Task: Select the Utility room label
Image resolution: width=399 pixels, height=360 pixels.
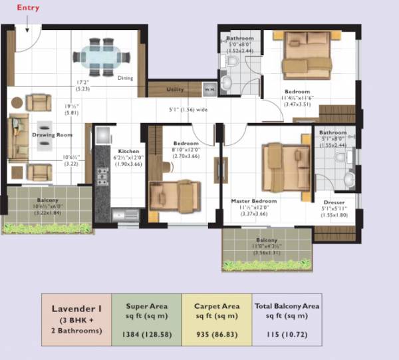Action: tap(175, 89)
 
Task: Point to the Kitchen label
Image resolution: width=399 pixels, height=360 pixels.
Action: tap(128, 151)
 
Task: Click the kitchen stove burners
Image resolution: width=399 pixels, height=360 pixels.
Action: tap(103, 176)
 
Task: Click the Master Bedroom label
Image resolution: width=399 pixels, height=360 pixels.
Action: tap(253, 200)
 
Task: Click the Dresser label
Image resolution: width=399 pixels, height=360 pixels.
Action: tap(334, 202)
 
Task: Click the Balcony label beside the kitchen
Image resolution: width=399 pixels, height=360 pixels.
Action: tap(47, 200)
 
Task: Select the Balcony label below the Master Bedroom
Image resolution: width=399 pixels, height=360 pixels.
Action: tap(267, 241)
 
